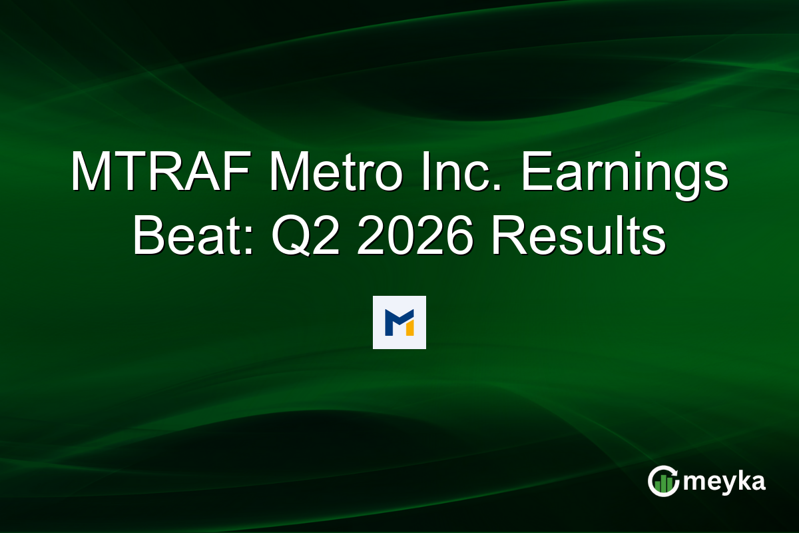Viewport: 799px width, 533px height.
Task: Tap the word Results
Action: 579,238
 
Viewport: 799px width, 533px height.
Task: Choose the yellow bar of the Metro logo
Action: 409,328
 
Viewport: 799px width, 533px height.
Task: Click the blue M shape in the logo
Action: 398,321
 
